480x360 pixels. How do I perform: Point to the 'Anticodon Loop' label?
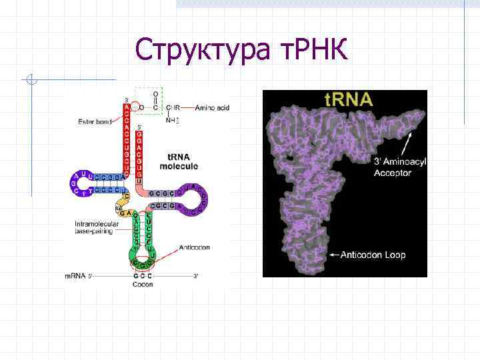[373, 255]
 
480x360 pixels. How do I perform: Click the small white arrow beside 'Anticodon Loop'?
[333, 255]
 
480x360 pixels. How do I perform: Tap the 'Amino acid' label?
[213, 107]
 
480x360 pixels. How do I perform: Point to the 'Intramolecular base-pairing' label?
[97, 229]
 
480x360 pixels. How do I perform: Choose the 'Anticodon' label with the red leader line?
[194, 247]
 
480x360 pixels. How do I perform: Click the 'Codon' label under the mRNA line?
[142, 284]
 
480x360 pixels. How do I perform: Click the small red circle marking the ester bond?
[135, 106]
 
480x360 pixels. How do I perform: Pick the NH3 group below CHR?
[172, 120]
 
